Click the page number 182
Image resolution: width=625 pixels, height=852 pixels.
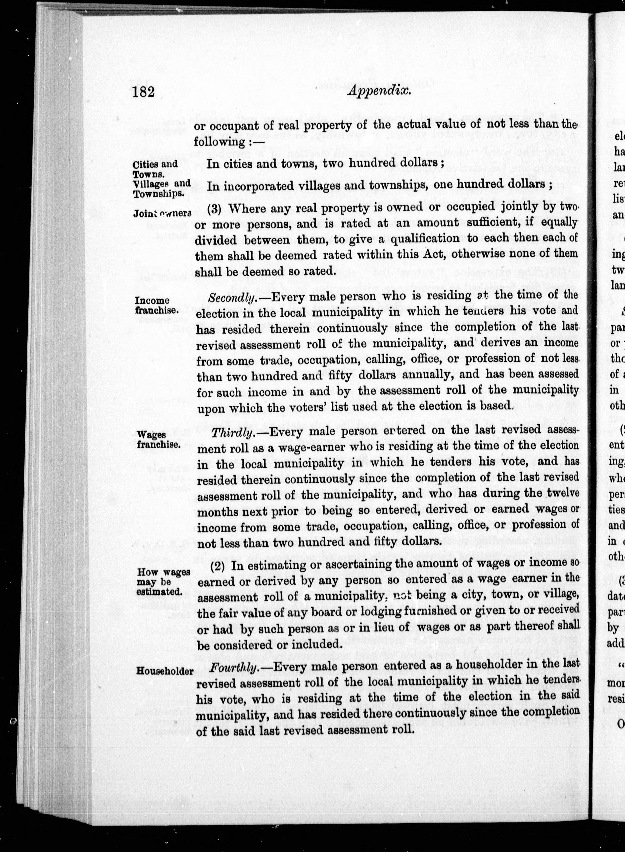coord(144,92)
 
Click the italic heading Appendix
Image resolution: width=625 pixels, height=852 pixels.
coord(379,91)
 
